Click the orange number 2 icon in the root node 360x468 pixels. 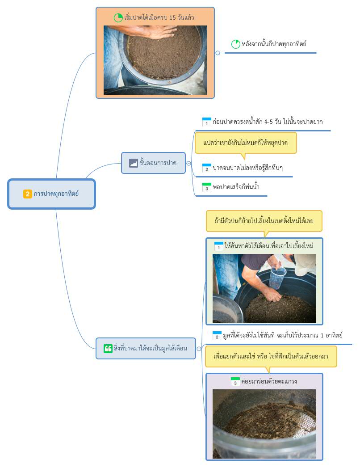[27, 194]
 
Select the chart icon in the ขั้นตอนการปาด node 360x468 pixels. [133, 163]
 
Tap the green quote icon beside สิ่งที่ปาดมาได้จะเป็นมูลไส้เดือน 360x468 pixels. [108, 348]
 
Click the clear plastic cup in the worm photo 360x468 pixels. [277, 278]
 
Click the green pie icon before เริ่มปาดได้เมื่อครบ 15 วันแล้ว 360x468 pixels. [118, 17]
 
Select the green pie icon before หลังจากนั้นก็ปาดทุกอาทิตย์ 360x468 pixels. [236, 44]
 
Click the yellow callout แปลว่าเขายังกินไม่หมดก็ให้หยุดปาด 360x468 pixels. [246, 143]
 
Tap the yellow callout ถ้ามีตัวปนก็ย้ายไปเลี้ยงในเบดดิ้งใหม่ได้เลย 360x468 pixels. [264, 221]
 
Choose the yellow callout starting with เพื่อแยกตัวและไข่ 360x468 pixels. [271, 356]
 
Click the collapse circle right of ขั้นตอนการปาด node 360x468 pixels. [188, 163]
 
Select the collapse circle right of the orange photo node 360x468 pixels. [218, 53]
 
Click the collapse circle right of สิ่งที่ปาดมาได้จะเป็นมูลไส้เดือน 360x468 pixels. [199, 349]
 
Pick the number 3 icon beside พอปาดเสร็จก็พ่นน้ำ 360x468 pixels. [207, 187]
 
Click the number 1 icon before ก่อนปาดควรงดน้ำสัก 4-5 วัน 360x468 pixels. [207, 122]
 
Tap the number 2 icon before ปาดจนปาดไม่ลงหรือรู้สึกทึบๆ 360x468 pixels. [207, 168]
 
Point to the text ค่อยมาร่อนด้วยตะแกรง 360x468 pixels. [269, 381]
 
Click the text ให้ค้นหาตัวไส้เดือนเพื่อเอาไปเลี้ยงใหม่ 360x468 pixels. [269, 246]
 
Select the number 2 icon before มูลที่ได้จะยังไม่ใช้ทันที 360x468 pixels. [217, 335]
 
